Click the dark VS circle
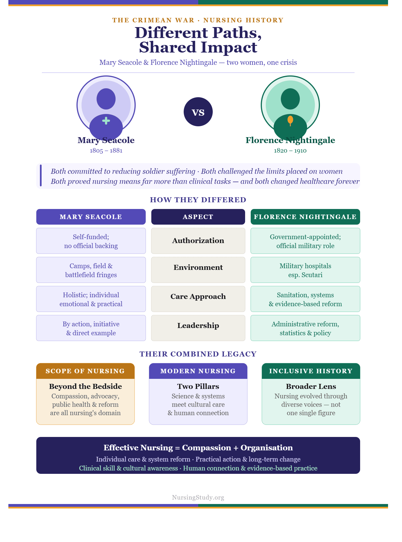[198, 112]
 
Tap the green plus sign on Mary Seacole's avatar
[106, 121]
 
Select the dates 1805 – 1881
[106, 151]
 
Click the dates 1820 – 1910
[290, 151]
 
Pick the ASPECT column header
[198, 217]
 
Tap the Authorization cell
[198, 241]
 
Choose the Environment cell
[198, 270]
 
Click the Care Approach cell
[198, 299]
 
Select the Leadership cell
[198, 328]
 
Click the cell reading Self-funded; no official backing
[91, 241]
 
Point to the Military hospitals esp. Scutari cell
[305, 270]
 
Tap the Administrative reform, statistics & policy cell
[305, 328]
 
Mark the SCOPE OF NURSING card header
[85, 371]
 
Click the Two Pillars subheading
[198, 386]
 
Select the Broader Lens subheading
[311, 386]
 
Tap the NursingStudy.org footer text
[198, 497]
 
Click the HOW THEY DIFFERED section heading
[198, 200]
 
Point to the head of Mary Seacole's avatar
[106, 99]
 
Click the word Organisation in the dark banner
[267, 448]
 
